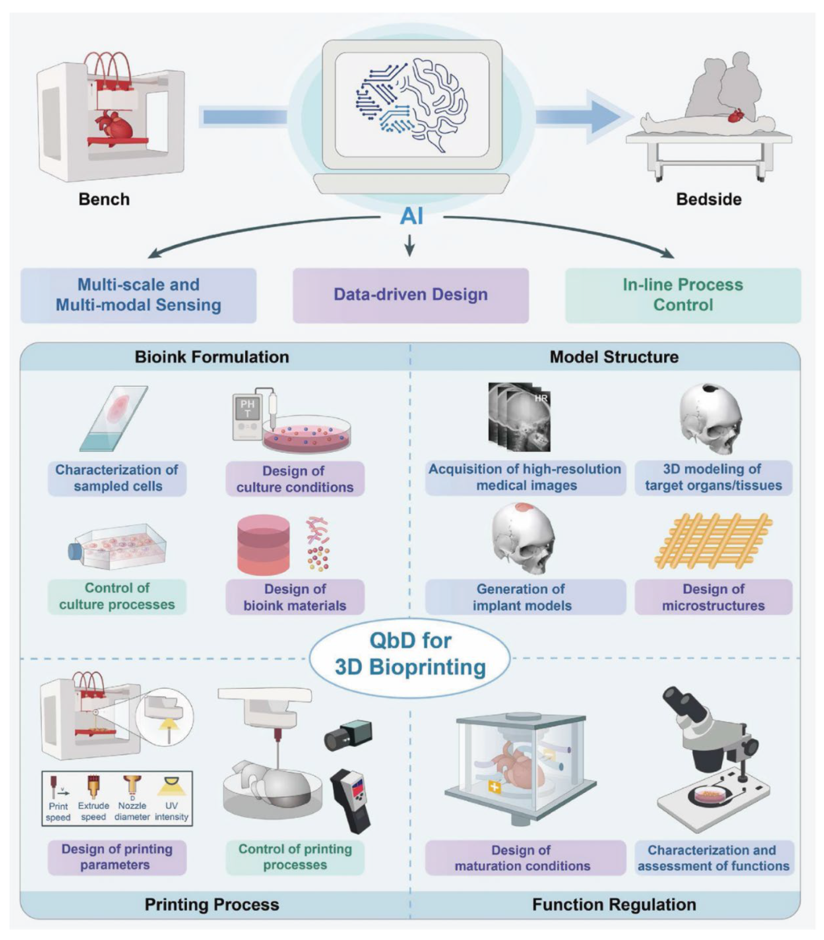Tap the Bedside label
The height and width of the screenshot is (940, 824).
[708, 200]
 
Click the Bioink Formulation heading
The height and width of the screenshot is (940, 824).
[212, 357]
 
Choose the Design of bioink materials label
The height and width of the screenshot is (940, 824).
[295, 597]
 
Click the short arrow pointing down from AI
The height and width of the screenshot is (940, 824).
[409, 245]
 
